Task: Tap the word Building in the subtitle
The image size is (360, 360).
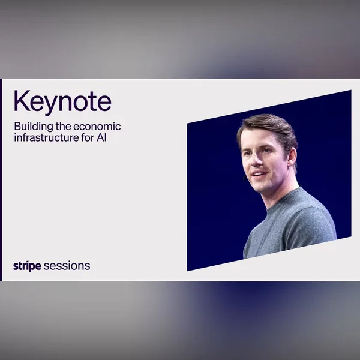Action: (34, 127)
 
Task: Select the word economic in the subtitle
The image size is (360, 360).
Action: (97, 127)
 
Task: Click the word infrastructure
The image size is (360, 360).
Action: (46, 137)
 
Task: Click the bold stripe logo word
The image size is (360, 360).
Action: (27, 266)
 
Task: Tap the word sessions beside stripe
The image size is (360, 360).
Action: (67, 266)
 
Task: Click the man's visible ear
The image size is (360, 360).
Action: (292, 157)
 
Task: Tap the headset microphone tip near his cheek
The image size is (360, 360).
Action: (244, 178)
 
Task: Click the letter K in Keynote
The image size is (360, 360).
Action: (22, 101)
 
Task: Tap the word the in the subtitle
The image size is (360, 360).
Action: (63, 127)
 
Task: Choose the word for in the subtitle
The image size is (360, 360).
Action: (88, 137)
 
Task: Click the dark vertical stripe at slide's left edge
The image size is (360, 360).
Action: (1, 180)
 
